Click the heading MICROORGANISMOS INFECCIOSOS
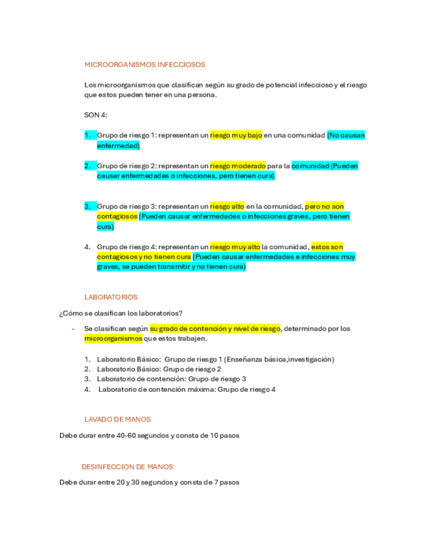145,65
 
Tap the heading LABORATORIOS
111,297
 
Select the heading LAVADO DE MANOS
117,419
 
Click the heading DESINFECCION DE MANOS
127,467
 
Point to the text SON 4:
96,115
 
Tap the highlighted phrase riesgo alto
227,206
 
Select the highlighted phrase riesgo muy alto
235,247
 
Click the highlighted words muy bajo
246,135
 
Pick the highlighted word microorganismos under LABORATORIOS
113,338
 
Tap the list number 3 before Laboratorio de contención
87,379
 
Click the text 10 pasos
229,435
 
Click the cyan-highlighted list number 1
87,135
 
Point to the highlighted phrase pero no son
324,206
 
